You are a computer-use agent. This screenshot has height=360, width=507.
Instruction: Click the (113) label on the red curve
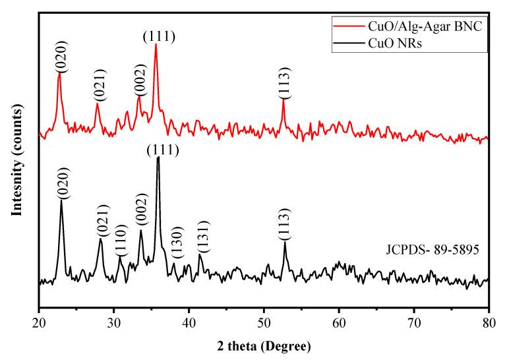pyautogui.click(x=283, y=85)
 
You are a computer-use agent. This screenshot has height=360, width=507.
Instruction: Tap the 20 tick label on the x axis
pyautogui.click(x=40, y=321)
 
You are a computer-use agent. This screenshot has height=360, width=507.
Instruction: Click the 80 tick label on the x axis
pyautogui.click(x=489, y=321)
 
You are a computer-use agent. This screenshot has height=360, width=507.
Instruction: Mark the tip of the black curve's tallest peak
pyautogui.click(x=158, y=158)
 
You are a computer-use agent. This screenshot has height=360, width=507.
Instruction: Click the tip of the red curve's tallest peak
pyautogui.click(x=156, y=44)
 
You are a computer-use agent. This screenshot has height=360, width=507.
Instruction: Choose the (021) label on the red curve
pyautogui.click(x=97, y=88)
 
